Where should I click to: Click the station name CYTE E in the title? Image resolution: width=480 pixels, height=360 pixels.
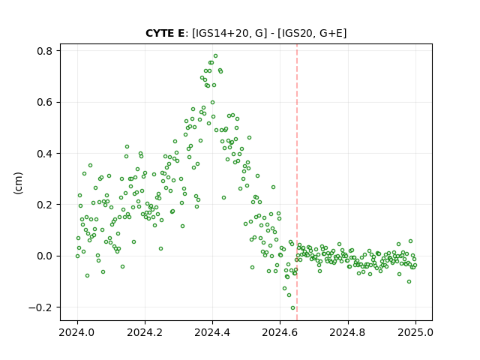coord(165,33)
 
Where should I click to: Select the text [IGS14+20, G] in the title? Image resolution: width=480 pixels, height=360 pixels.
coord(227,33)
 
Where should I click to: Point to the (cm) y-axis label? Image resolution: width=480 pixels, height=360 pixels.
coord(18,183)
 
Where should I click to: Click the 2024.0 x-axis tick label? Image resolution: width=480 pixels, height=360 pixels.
coord(77,332)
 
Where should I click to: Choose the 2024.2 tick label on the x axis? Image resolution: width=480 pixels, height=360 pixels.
coord(145,332)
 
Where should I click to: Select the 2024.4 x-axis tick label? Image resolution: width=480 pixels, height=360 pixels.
coord(212,332)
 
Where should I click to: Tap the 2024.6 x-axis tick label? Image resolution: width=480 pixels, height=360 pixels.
coord(280,332)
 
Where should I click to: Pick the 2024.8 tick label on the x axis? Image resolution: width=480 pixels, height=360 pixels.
coord(348,332)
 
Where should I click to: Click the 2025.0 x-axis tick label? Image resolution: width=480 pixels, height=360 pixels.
coord(415,332)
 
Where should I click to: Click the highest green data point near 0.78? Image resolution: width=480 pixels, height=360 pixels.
coord(215,56)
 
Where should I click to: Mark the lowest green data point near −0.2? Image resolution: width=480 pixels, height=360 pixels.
coord(292,308)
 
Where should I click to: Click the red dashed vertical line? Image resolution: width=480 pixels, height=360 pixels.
coord(297,182)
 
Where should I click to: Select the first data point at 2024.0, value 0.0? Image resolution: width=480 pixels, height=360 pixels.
coord(77,256)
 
